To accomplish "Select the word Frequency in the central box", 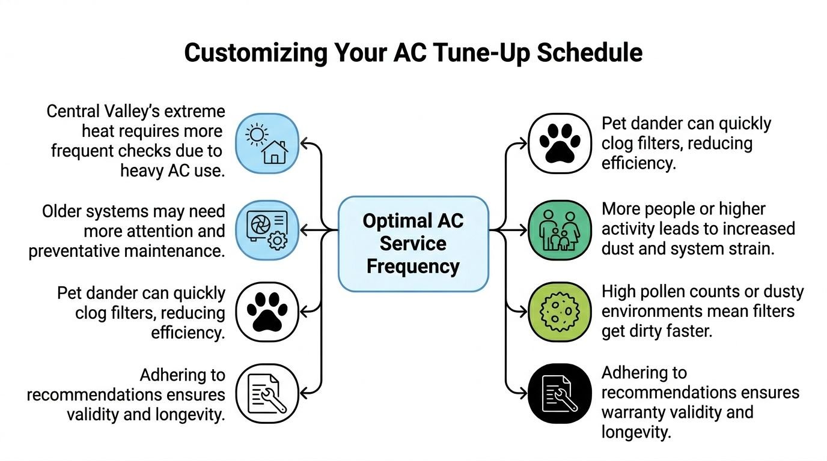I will pos(413,265).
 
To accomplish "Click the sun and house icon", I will pos(267,143).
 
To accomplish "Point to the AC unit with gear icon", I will pos(267,230).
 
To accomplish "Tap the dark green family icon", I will pos(560,230).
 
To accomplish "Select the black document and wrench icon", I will pos(560,394).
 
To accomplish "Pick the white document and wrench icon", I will pos(267,394).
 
